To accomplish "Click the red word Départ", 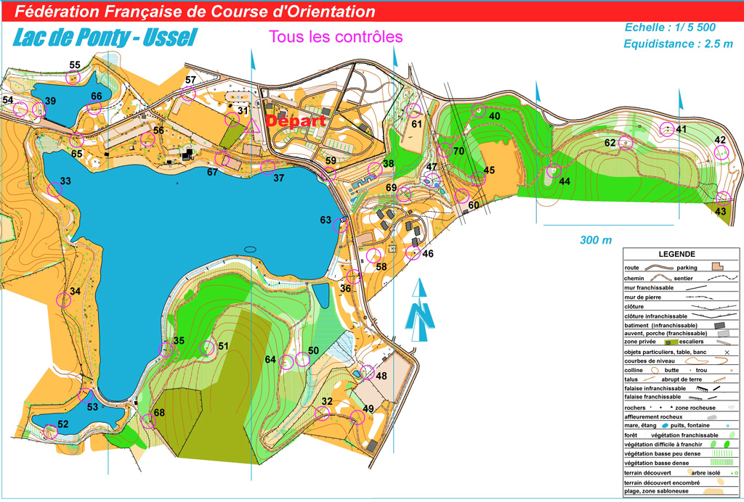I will click(x=295, y=121).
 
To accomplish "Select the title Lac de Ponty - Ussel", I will click(x=105, y=38).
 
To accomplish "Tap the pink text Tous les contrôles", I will click(x=335, y=36).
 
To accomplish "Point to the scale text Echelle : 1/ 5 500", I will click(x=670, y=28).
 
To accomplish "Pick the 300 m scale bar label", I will click(x=596, y=240).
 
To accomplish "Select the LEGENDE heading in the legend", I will click(x=676, y=254).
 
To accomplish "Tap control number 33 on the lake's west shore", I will click(x=65, y=181).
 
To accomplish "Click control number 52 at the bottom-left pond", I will click(x=63, y=424).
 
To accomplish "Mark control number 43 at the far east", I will click(x=720, y=211).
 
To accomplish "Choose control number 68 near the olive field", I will click(x=159, y=413).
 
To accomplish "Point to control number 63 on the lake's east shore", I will click(x=325, y=219).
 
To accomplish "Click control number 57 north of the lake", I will click(x=190, y=80).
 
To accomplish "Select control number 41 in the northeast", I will click(x=681, y=129).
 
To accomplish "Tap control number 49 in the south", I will click(x=368, y=408).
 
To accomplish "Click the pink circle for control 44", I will click(x=553, y=172).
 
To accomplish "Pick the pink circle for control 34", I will click(x=63, y=300).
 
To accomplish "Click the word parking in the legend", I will click(x=687, y=267).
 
